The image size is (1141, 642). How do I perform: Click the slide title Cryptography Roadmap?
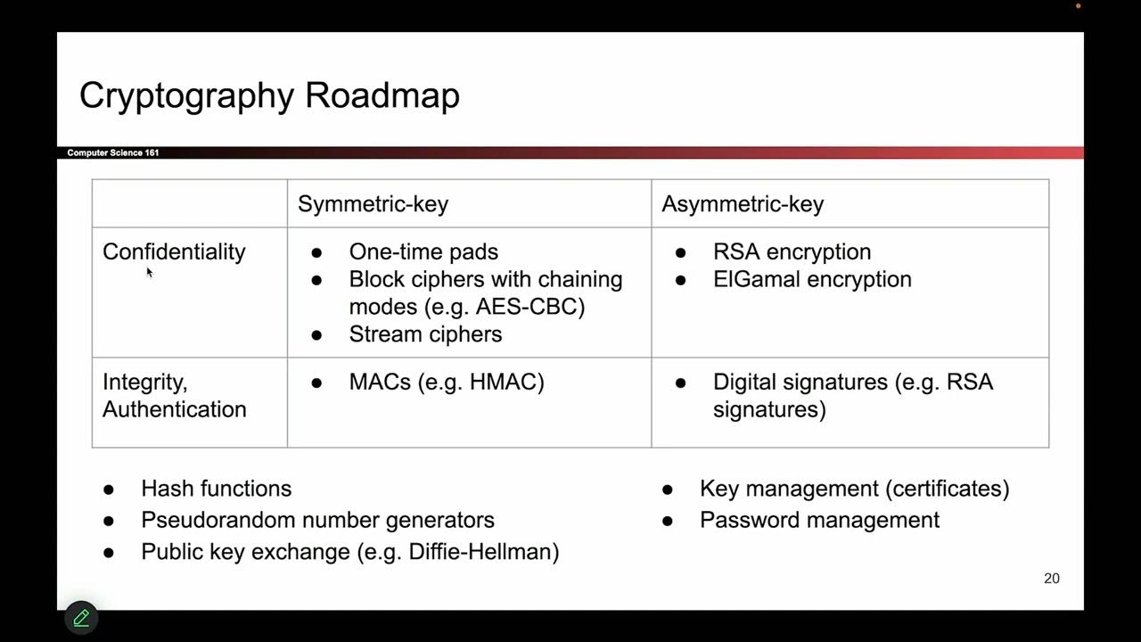pos(269,95)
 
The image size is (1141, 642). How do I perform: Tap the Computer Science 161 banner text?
pos(113,153)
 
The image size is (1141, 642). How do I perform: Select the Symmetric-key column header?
pos(373,204)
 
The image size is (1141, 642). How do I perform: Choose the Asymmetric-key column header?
pos(743,204)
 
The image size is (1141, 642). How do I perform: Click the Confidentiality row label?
pos(174,252)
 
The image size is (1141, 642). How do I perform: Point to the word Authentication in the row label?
pos(175,409)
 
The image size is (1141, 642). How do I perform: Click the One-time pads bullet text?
pos(423,252)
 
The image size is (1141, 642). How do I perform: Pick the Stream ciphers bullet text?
pos(425,334)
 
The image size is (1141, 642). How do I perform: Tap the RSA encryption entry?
pos(792,252)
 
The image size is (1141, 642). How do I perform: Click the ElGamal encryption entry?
pos(812,279)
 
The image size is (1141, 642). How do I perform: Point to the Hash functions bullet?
pos(216,489)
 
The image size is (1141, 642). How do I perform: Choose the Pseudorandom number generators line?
pos(317,520)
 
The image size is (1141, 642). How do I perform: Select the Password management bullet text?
pos(819,520)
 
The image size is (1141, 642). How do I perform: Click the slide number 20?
pos(1052,579)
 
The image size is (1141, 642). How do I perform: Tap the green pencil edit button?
pos(81,617)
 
